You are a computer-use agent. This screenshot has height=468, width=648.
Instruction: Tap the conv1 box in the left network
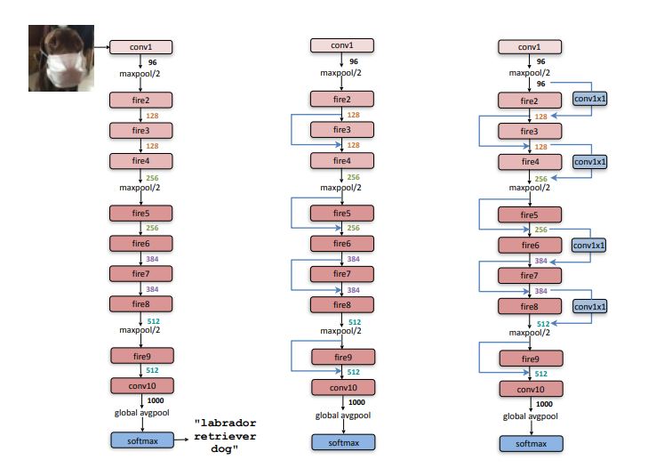coord(141,46)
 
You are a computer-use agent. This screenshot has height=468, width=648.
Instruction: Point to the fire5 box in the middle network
coord(342,214)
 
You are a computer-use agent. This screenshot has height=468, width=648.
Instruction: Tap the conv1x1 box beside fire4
coord(589,162)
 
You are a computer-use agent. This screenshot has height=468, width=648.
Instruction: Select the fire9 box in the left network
coord(141,356)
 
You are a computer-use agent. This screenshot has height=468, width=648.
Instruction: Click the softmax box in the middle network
coord(342,442)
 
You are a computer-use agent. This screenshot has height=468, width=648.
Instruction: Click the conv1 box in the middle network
coord(342,46)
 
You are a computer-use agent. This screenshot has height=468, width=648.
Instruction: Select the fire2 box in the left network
coord(141,101)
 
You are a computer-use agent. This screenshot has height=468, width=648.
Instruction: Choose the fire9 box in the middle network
coord(342,357)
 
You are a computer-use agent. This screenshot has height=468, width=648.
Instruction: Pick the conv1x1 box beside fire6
coord(589,244)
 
